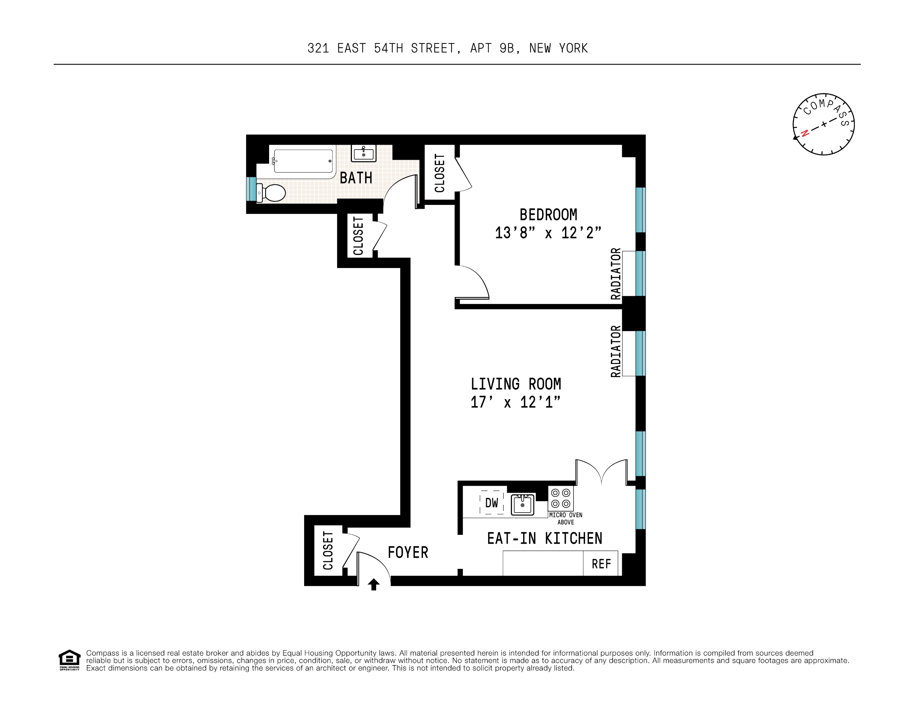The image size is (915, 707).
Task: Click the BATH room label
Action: click(x=356, y=178)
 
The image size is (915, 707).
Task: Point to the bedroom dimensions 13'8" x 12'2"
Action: click(x=548, y=233)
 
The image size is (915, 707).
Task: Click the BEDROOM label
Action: click(x=548, y=215)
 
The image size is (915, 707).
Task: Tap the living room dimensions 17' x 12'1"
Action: click(x=515, y=402)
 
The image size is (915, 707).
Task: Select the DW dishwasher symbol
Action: click(x=491, y=503)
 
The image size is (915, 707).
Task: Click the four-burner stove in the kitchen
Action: click(x=560, y=498)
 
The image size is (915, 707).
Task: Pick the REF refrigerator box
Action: click(x=601, y=564)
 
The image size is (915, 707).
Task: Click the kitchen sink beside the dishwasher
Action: click(x=522, y=504)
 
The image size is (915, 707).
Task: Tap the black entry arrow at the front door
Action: click(x=373, y=584)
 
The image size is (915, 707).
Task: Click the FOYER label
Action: click(x=408, y=553)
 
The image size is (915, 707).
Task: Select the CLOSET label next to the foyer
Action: click(x=328, y=550)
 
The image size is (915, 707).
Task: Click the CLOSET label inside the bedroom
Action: click(x=439, y=173)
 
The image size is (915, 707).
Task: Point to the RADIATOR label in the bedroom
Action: click(x=615, y=274)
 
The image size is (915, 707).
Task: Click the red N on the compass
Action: click(x=804, y=134)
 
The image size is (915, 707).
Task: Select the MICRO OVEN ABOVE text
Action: click(x=566, y=518)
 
